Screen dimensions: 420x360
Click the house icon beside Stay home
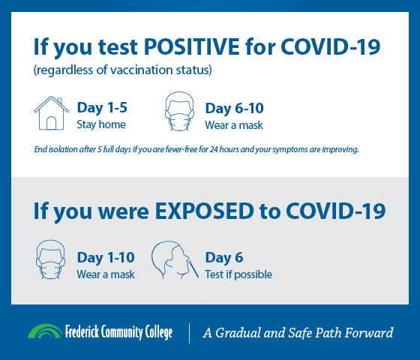(51, 113)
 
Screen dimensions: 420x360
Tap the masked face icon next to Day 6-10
(179, 112)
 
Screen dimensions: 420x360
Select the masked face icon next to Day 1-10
(51, 259)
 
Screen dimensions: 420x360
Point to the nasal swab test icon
(175, 260)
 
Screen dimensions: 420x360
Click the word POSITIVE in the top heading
(192, 46)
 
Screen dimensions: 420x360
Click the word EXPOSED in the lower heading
(205, 211)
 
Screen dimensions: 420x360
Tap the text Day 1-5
(102, 108)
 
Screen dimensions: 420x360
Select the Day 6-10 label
(234, 108)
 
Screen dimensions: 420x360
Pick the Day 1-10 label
(106, 257)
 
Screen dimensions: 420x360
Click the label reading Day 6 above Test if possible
(224, 257)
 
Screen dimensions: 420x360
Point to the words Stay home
(101, 124)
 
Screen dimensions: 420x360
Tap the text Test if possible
(238, 274)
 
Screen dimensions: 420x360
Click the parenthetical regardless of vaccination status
(123, 70)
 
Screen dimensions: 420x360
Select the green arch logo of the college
(45, 331)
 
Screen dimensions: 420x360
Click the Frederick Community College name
(118, 332)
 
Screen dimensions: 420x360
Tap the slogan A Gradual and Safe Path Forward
(298, 333)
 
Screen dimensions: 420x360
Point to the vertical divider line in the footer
(189, 333)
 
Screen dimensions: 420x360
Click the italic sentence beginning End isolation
(196, 149)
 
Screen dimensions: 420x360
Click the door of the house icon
(51, 124)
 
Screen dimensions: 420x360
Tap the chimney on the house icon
(59, 100)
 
